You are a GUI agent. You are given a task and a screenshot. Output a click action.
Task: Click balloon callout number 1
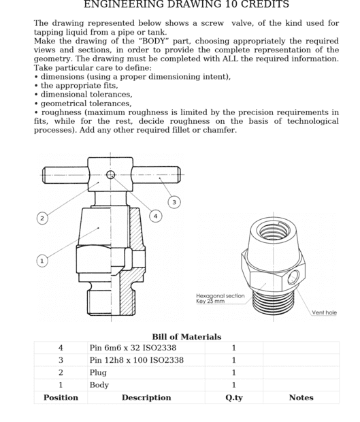click(x=42, y=261)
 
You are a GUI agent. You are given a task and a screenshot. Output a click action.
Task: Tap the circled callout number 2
click(x=42, y=218)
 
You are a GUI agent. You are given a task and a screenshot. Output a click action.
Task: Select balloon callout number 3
click(x=174, y=202)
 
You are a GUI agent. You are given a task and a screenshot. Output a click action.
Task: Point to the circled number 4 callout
click(x=156, y=216)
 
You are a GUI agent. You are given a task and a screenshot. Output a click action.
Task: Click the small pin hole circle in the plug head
click(x=110, y=175)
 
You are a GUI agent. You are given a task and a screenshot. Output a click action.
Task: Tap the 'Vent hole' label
click(x=324, y=312)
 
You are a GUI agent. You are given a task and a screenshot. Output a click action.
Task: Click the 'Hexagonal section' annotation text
click(x=220, y=296)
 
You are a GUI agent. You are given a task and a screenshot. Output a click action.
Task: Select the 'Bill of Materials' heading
click(x=186, y=337)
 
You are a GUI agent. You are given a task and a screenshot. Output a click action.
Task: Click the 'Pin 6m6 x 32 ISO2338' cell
click(x=133, y=348)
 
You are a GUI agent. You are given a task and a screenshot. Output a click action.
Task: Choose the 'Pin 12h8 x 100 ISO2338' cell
click(x=137, y=360)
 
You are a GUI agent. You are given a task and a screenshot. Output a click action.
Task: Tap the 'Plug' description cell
click(x=98, y=373)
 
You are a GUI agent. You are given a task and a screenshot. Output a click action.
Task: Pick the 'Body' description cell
click(x=99, y=385)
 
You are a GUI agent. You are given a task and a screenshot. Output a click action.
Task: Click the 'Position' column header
click(x=61, y=397)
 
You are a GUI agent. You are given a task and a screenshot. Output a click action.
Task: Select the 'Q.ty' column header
click(x=234, y=397)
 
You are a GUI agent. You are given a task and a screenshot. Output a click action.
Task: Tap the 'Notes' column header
click(x=301, y=397)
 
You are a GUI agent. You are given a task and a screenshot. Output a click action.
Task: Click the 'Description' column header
click(x=146, y=397)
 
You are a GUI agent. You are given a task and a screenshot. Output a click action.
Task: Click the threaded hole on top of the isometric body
click(x=273, y=231)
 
